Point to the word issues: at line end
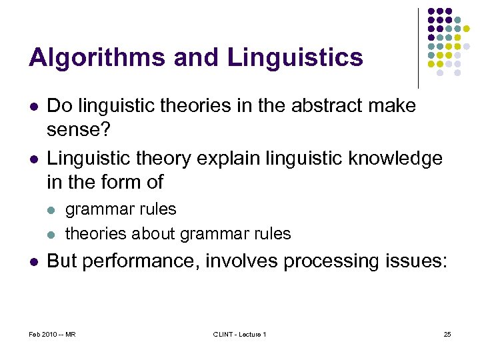(415, 261)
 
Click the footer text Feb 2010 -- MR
(52, 334)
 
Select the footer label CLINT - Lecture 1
(239, 334)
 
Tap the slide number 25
(447, 334)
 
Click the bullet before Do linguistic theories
(33, 105)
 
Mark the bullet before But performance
(33, 261)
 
